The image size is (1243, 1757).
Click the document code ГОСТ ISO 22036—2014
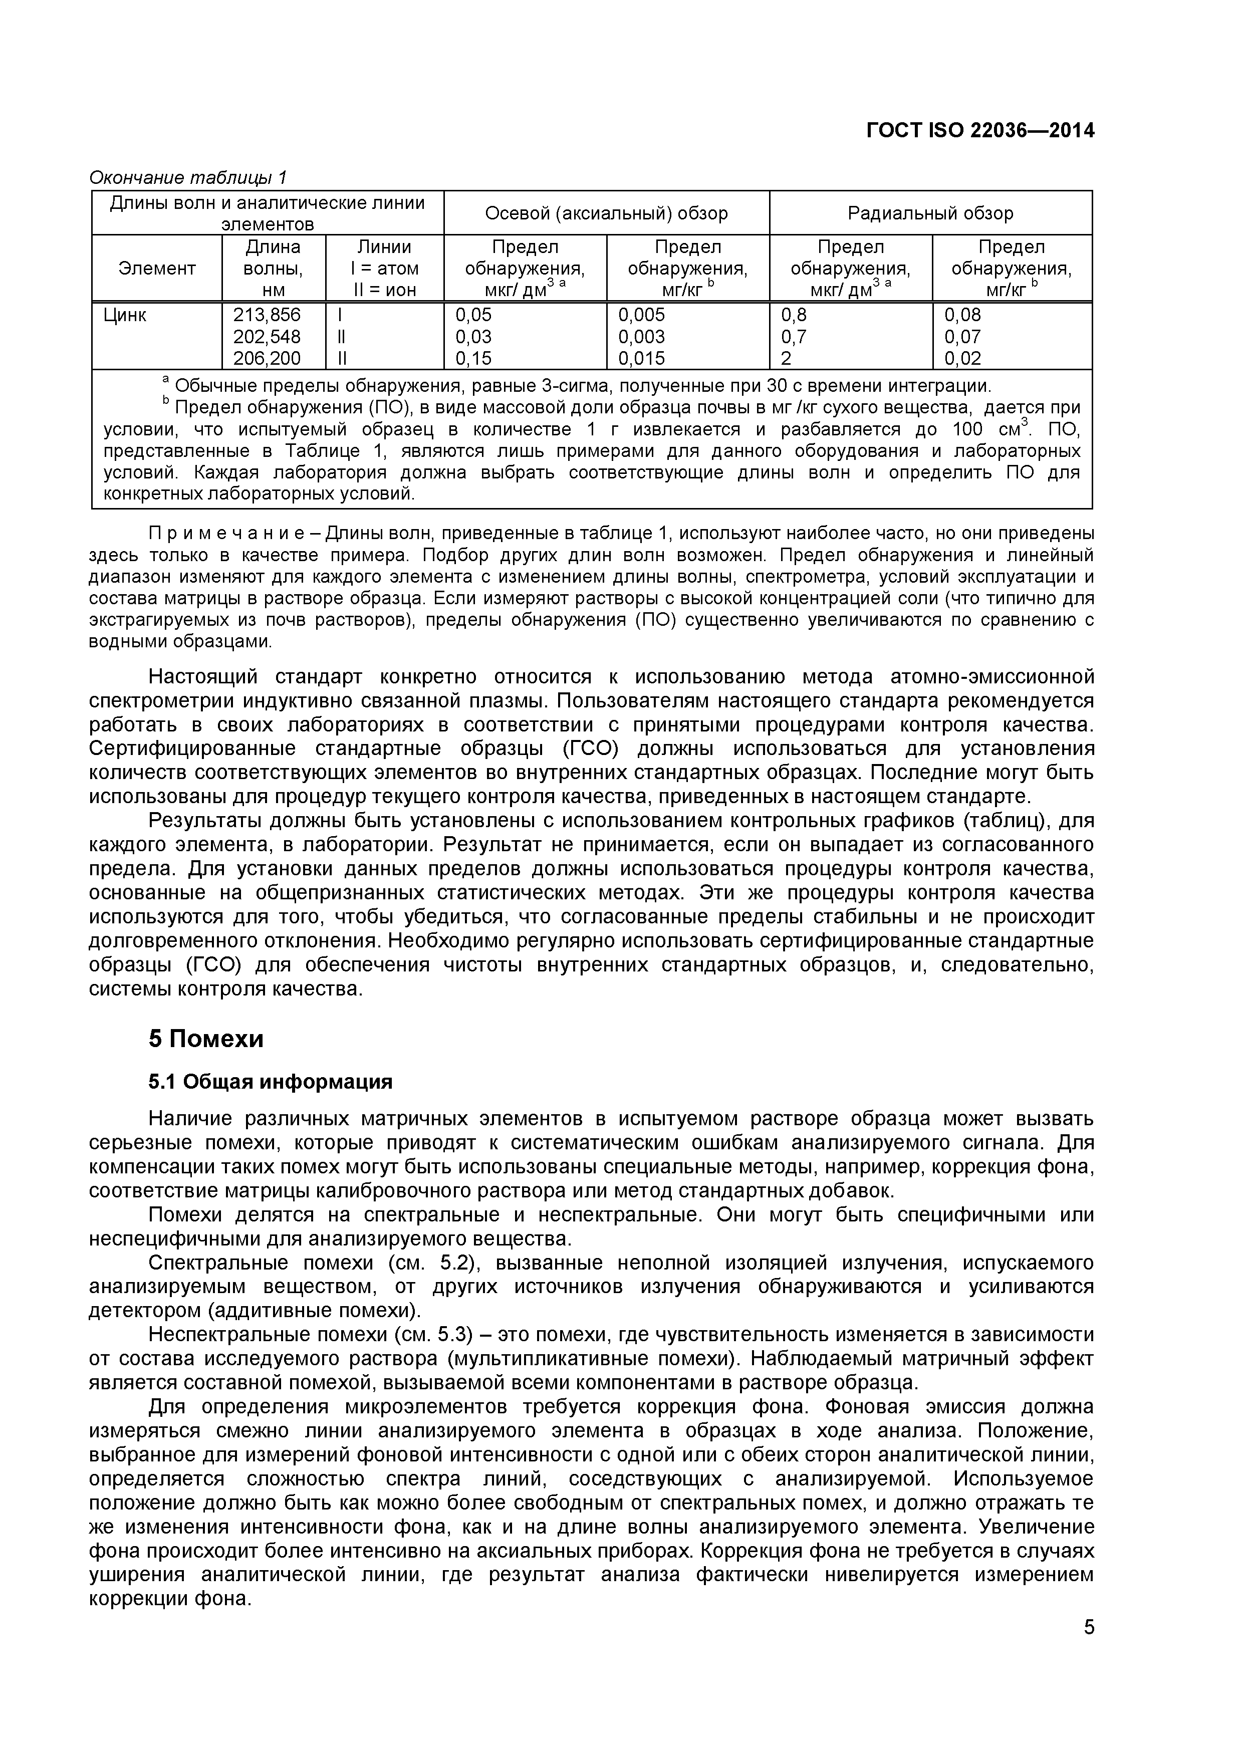(979, 131)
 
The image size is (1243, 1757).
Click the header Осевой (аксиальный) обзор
(606, 213)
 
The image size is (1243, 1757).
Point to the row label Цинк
(125, 315)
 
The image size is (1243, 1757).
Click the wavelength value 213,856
(267, 315)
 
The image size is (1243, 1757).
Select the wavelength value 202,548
(267, 337)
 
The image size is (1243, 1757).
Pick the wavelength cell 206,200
(267, 358)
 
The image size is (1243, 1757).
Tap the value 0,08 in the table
(962, 315)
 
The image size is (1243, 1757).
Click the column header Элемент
(157, 269)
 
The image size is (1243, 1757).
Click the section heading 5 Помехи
(206, 1039)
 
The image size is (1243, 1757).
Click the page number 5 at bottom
(1088, 1648)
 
